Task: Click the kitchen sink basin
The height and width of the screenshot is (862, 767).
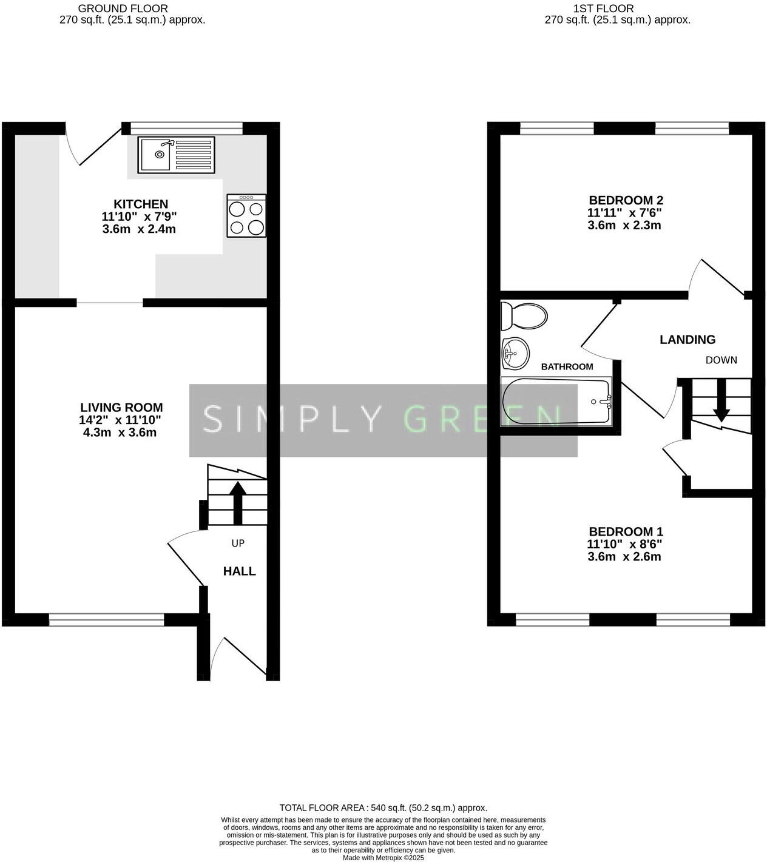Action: (155, 155)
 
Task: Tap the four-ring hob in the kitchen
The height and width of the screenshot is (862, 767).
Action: (246, 216)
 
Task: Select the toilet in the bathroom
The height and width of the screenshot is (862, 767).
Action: (524, 315)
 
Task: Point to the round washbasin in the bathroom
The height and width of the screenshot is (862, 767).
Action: (515, 352)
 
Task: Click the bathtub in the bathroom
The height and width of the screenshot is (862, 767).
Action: (556, 402)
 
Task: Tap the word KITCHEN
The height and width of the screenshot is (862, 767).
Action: (141, 204)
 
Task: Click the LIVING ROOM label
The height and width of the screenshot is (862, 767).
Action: (121, 408)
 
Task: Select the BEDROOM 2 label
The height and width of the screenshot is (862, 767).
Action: (626, 200)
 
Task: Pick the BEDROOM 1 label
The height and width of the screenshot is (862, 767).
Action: (626, 531)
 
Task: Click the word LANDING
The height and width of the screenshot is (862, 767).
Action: (688, 340)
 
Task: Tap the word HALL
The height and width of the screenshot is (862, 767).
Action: (240, 571)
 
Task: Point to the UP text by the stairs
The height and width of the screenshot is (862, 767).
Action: (238, 544)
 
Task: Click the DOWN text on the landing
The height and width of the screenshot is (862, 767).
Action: (721, 360)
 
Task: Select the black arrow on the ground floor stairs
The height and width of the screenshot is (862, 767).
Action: (237, 501)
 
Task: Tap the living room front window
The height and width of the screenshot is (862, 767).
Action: (107, 619)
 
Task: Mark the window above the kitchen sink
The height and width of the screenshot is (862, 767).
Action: (186, 128)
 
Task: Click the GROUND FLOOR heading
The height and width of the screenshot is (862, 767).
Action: (123, 8)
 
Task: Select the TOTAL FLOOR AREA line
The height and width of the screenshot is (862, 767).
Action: (383, 808)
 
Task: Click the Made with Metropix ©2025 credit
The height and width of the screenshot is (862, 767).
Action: (383, 858)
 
